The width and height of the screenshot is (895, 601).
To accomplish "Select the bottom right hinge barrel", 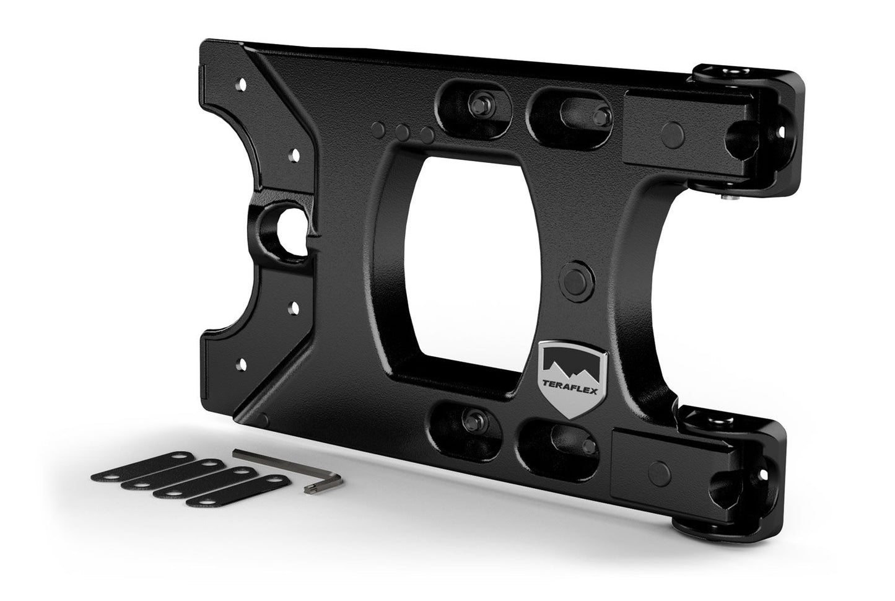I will click(x=706, y=418).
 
